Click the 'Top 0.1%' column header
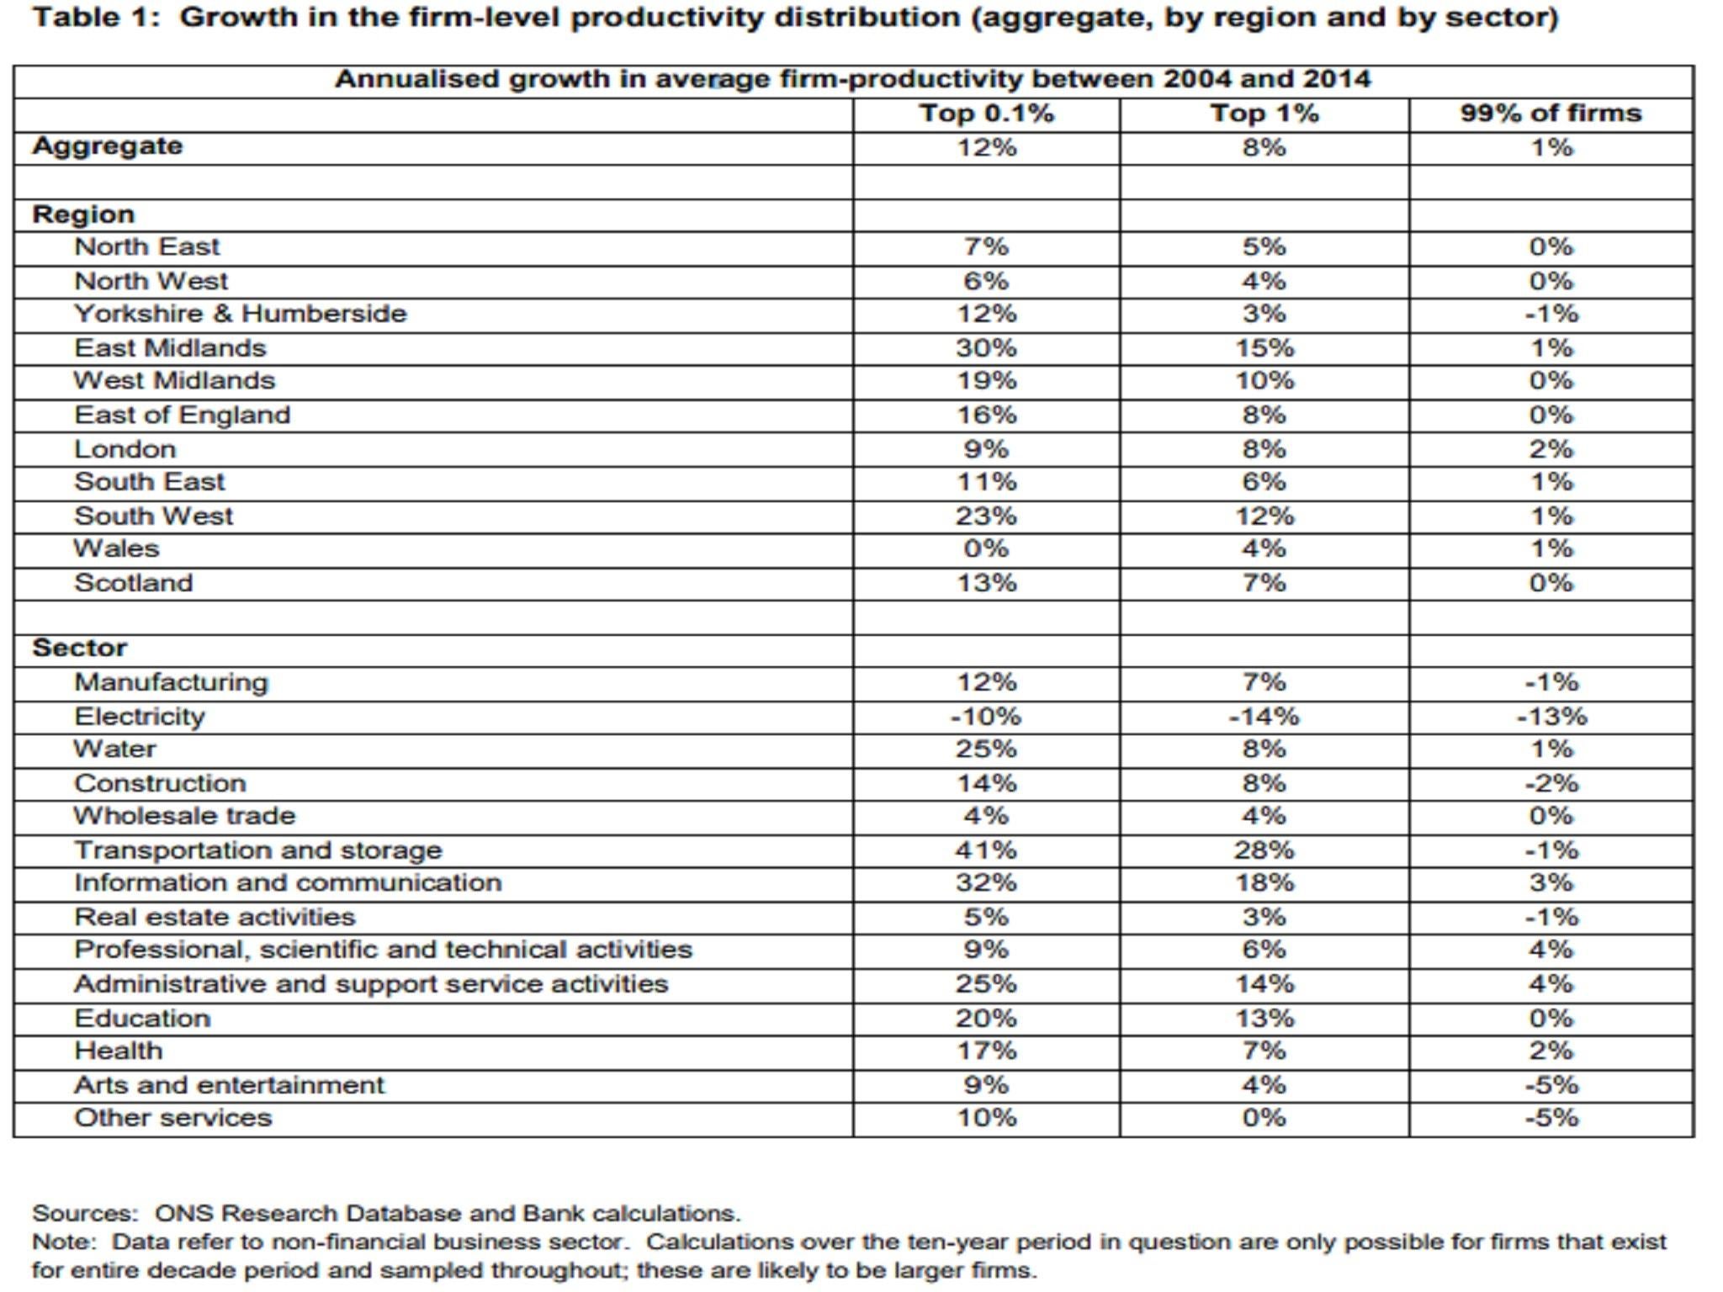[x=986, y=114]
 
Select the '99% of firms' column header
[x=1551, y=114]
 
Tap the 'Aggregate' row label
[x=107, y=146]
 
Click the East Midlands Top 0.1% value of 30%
[x=986, y=347]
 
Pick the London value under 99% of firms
[x=1551, y=448]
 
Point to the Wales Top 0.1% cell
[x=986, y=548]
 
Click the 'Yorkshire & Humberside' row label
[x=240, y=314]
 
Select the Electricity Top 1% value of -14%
[x=1264, y=717]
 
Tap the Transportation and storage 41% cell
[x=986, y=850]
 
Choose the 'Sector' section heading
[x=79, y=648]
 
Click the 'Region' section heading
[x=82, y=214]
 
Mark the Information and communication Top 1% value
[x=1264, y=883]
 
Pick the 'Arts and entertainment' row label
[x=229, y=1085]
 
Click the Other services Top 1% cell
[x=1264, y=1118]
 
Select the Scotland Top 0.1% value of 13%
[x=986, y=583]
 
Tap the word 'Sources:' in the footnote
[x=84, y=1214]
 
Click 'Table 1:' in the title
[x=95, y=18]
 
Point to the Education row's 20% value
[x=986, y=1019]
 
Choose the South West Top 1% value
[x=1264, y=516]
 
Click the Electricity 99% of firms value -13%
[x=1551, y=717]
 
